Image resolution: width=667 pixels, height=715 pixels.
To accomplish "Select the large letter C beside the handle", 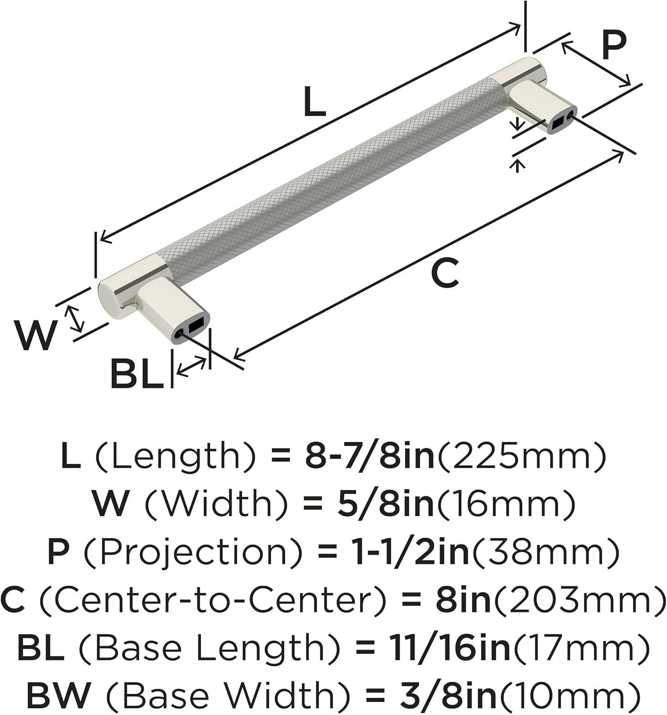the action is (445, 273).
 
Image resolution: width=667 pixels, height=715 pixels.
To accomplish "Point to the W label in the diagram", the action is (35, 335).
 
